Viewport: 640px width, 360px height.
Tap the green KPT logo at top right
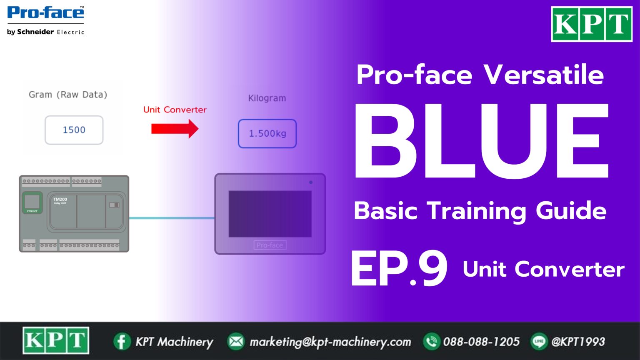coord(592,24)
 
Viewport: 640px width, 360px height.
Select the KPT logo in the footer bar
coord(56,340)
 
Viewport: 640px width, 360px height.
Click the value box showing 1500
coord(74,130)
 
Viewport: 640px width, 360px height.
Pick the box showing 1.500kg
coord(267,134)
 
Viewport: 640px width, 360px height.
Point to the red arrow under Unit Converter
coord(175,128)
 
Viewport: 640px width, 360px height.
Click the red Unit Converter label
coord(175,110)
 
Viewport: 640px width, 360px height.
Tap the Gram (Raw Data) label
coord(68,95)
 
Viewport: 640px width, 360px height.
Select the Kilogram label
coord(267,98)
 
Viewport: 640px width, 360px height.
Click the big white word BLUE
coord(481,142)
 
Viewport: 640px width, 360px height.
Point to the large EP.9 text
coord(399,269)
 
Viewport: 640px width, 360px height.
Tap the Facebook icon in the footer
coord(122,342)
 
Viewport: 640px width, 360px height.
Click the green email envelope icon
coord(236,342)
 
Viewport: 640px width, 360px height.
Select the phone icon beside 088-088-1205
coord(431,342)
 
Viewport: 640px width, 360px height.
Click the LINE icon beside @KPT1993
coord(539,342)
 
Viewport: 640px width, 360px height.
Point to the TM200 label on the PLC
coord(60,200)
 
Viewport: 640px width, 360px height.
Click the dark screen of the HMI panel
coord(270,214)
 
